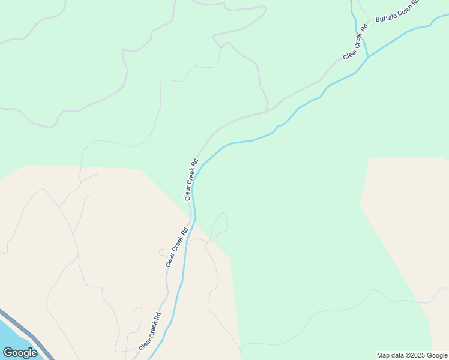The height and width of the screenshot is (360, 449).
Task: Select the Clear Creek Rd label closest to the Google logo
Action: point(150,332)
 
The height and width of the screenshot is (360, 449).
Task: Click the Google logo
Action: point(20,353)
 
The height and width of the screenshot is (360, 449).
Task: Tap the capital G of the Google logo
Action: point(8,353)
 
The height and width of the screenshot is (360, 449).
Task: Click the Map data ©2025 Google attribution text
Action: point(412,355)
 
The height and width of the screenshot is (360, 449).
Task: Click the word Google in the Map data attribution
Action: point(437,355)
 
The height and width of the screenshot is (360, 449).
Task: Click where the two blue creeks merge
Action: point(368,58)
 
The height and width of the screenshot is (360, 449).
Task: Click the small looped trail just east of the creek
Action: point(219,225)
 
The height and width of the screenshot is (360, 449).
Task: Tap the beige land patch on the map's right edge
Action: point(408,216)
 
